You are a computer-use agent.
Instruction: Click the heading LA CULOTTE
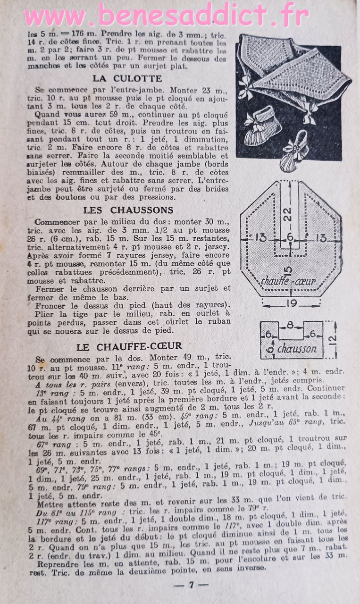pyautogui.click(x=127, y=79)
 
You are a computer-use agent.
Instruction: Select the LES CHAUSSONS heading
pyautogui.click(x=128, y=210)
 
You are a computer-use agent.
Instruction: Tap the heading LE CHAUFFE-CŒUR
pyautogui.click(x=129, y=347)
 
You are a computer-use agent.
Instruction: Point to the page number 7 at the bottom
pyautogui.click(x=191, y=585)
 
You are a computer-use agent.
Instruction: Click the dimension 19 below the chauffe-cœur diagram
pyautogui.click(x=292, y=303)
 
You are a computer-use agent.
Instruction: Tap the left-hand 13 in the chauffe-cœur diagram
pyautogui.click(x=261, y=237)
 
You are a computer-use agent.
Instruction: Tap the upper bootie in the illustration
pyautogui.click(x=263, y=126)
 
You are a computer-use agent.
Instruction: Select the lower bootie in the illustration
pyautogui.click(x=293, y=152)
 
